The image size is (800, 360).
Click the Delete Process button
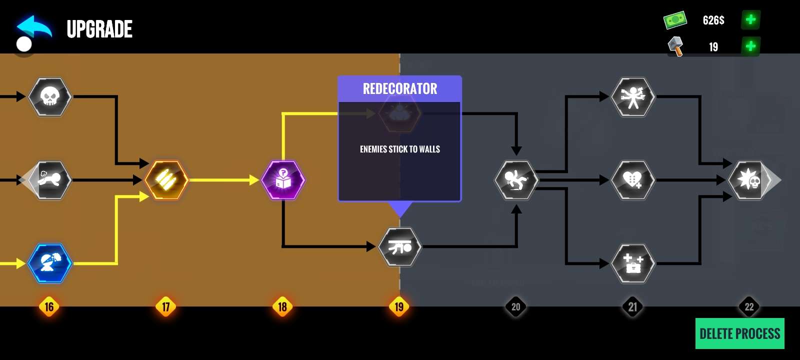click(739, 333)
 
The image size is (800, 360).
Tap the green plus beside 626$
click(750, 20)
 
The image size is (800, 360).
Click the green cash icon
click(675, 20)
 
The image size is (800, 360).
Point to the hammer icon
click(675, 46)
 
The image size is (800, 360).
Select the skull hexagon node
click(49, 96)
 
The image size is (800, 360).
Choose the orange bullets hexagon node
click(166, 180)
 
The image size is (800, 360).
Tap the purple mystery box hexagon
click(283, 180)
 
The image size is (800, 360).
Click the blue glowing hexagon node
click(49, 263)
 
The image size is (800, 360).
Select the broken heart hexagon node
click(633, 180)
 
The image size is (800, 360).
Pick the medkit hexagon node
click(633, 263)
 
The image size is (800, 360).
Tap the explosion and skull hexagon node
click(748, 180)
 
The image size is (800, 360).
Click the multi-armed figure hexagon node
click(633, 96)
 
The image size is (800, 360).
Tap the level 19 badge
click(399, 306)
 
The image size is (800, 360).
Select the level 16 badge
click(49, 306)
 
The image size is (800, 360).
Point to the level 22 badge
click(749, 306)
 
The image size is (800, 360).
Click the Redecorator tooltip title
click(399, 89)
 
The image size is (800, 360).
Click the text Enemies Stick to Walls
click(399, 149)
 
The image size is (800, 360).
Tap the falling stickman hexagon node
click(516, 180)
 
